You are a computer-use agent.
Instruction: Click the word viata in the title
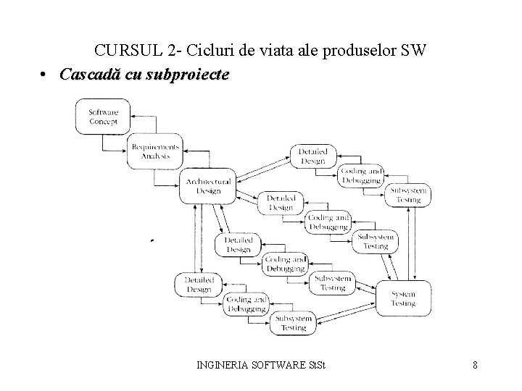coord(280,51)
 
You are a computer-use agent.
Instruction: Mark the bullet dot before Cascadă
coord(44,75)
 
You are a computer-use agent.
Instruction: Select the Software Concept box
coord(104,117)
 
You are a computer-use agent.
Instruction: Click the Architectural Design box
coord(208,186)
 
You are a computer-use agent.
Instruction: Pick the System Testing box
coord(404,298)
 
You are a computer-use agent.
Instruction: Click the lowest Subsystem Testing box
coord(293,323)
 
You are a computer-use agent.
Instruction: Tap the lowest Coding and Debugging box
coord(246,304)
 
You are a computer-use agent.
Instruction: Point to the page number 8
coord(474,365)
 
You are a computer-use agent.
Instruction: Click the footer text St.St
coord(318,365)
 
